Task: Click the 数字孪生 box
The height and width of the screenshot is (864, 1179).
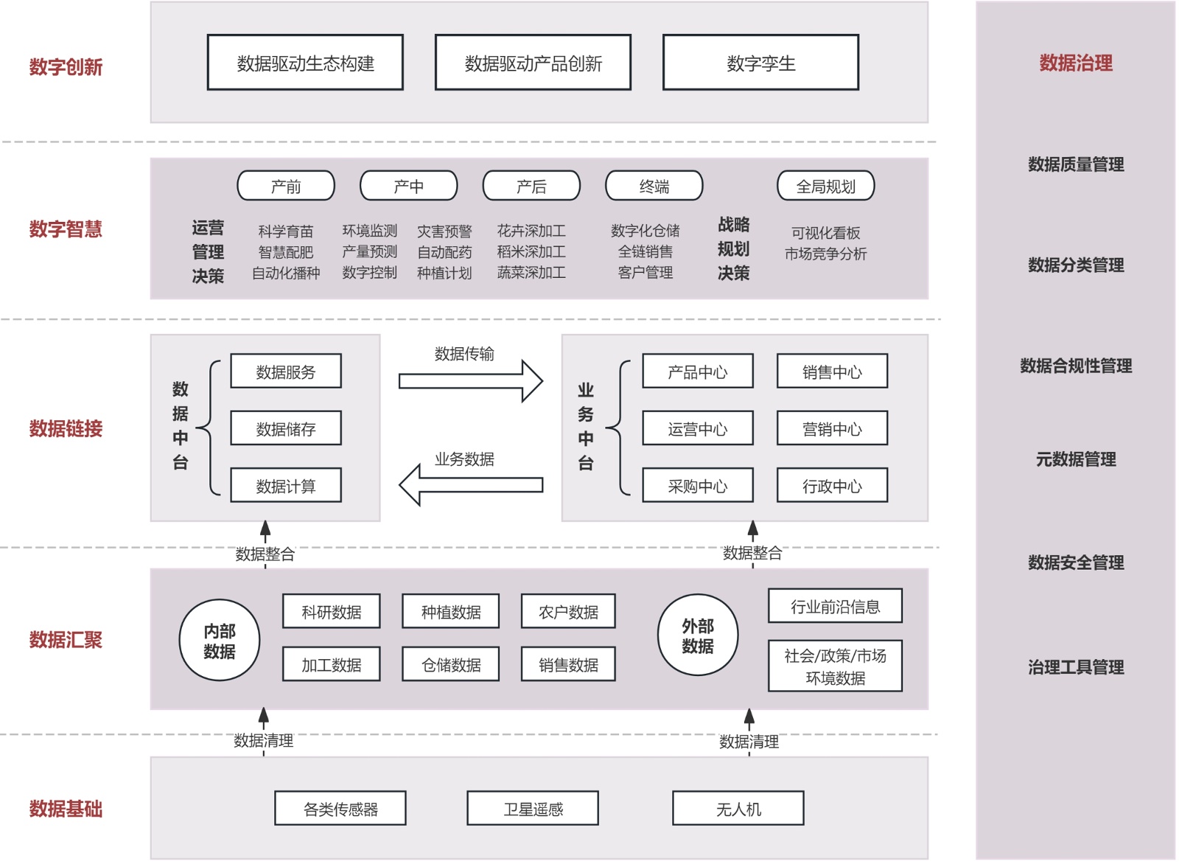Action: [760, 63]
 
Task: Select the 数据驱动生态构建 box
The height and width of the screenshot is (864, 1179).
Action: [305, 63]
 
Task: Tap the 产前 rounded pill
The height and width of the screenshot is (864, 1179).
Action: [286, 186]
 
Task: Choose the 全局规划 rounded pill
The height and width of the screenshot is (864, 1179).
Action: [825, 186]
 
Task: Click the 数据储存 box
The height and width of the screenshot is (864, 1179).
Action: [286, 428]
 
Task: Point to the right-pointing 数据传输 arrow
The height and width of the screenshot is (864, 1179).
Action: [470, 380]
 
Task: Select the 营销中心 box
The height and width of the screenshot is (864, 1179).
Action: [832, 428]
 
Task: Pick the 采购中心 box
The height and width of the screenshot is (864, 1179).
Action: [698, 485]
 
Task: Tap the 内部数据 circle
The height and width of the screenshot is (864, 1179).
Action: [220, 640]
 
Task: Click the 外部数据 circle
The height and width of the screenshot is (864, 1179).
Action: [698, 635]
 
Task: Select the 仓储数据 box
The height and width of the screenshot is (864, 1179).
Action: [451, 664]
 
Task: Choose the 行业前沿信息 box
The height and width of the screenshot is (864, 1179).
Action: [835, 606]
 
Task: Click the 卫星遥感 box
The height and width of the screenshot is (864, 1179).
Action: [533, 809]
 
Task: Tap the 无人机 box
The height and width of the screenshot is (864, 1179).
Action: [738, 809]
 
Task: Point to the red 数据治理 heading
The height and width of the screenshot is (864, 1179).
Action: [1076, 63]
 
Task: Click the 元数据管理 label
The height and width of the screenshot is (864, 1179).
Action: [1076, 460]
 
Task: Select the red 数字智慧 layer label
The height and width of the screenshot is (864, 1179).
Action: [66, 229]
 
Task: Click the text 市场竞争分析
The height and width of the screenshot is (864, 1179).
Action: [825, 254]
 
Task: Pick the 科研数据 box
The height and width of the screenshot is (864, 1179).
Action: [332, 611]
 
